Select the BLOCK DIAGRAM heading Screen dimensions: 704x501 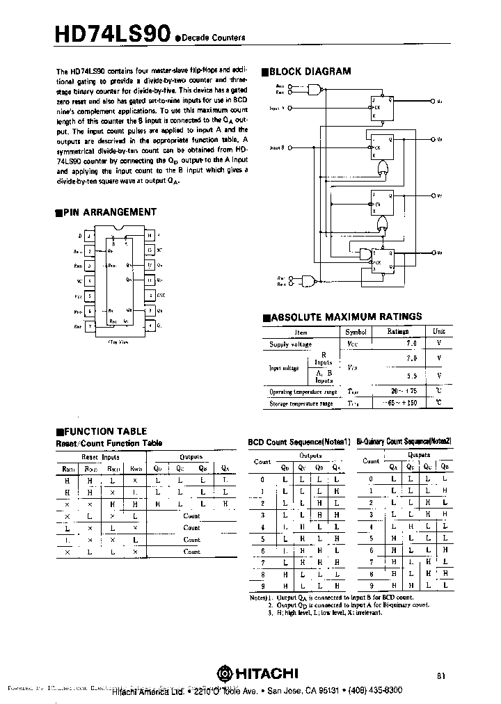coord(305,71)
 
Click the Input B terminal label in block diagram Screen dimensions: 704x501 coord(278,148)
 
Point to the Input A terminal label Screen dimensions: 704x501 coord(278,109)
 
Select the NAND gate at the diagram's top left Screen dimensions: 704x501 coord(314,90)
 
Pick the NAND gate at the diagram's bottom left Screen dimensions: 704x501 coord(307,280)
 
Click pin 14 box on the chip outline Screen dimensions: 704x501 coord(150,236)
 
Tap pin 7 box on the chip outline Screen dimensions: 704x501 coord(89,326)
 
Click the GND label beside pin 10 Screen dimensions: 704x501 coord(161,296)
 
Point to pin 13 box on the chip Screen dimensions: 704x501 coord(150,250)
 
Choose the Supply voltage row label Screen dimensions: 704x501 coord(291,344)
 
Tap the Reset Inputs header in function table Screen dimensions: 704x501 coord(101,457)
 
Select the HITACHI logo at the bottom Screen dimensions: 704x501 coord(257,673)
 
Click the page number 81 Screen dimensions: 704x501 coord(443,675)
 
